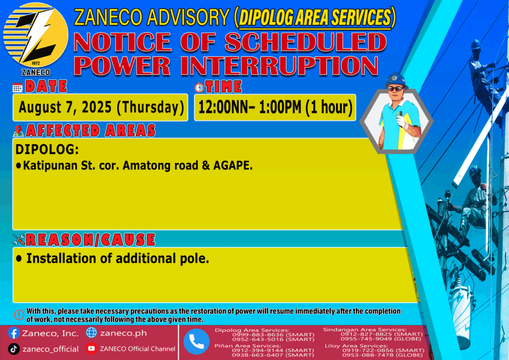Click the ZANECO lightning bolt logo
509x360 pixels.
click(36, 35)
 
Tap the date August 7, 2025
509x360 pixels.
click(65, 107)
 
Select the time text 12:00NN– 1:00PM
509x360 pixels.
click(250, 107)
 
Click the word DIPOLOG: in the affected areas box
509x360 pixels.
click(47, 149)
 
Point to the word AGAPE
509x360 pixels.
click(233, 166)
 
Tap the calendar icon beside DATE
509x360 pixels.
click(17, 88)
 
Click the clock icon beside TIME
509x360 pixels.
click(199, 87)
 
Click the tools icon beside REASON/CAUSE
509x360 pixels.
click(19, 240)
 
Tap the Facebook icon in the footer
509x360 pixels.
click(13, 333)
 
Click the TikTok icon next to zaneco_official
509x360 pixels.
click(13, 349)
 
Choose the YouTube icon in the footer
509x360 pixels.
click(91, 348)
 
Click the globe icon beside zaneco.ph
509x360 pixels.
click(91, 333)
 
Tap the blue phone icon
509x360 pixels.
click(196, 342)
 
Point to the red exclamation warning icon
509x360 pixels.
click(19, 315)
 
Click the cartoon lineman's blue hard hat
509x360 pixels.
click(396, 80)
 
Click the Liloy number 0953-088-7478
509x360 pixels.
click(368, 355)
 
